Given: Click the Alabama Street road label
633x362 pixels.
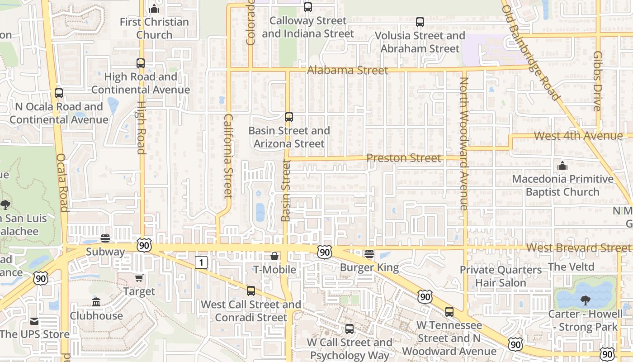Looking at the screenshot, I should pyautogui.click(x=347, y=70).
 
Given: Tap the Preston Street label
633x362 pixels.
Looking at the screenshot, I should pyautogui.click(x=403, y=158).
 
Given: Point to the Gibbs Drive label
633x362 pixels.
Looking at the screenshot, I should pyautogui.click(x=598, y=81).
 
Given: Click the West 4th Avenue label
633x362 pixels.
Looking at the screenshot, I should pyautogui.click(x=578, y=136).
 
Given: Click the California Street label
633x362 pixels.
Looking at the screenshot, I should pyautogui.click(x=228, y=156).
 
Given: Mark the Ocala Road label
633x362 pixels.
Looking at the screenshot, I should pyautogui.click(x=62, y=183).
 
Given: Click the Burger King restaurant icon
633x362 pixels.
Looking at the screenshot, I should pyautogui.click(x=369, y=254).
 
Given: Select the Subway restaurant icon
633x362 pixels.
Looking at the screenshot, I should pyautogui.click(x=105, y=238).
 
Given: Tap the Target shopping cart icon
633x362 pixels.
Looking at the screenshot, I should pyautogui.click(x=139, y=278).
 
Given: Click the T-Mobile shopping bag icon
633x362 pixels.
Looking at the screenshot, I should pyautogui.click(x=274, y=257).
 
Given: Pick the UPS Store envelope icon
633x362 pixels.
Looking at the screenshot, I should pyautogui.click(x=34, y=321).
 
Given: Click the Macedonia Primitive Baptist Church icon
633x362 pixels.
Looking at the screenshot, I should pyautogui.click(x=562, y=166).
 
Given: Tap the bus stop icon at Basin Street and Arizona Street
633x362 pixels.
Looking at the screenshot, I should pyautogui.click(x=289, y=117).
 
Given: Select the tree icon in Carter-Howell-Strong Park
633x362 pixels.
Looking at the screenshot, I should pyautogui.click(x=585, y=300).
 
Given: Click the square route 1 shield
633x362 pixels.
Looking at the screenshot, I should pyautogui.click(x=201, y=262).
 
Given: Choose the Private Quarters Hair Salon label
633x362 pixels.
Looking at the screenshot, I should pyautogui.click(x=501, y=276).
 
